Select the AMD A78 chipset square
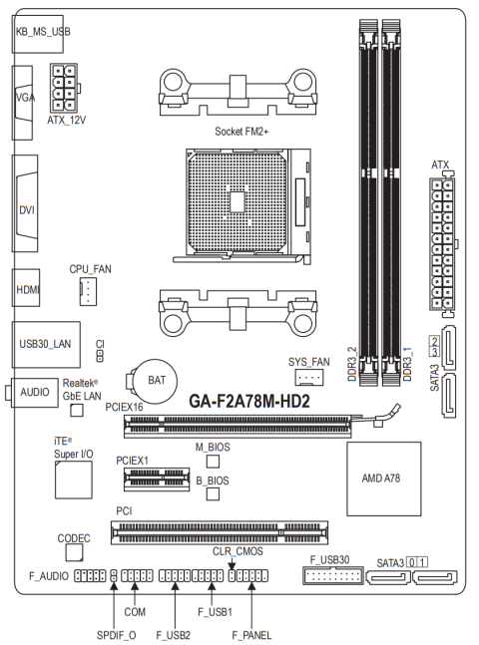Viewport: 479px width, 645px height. point(383,479)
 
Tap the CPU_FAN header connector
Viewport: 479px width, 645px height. point(88,291)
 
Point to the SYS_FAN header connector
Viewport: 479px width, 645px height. point(309,377)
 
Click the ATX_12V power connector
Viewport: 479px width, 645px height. point(64,88)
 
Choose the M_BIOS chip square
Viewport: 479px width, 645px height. point(213,462)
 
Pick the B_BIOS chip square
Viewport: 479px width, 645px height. point(213,493)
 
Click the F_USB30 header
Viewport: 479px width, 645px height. point(333,575)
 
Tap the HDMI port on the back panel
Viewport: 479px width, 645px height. point(26,287)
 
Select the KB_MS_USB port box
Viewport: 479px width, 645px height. point(38,34)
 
